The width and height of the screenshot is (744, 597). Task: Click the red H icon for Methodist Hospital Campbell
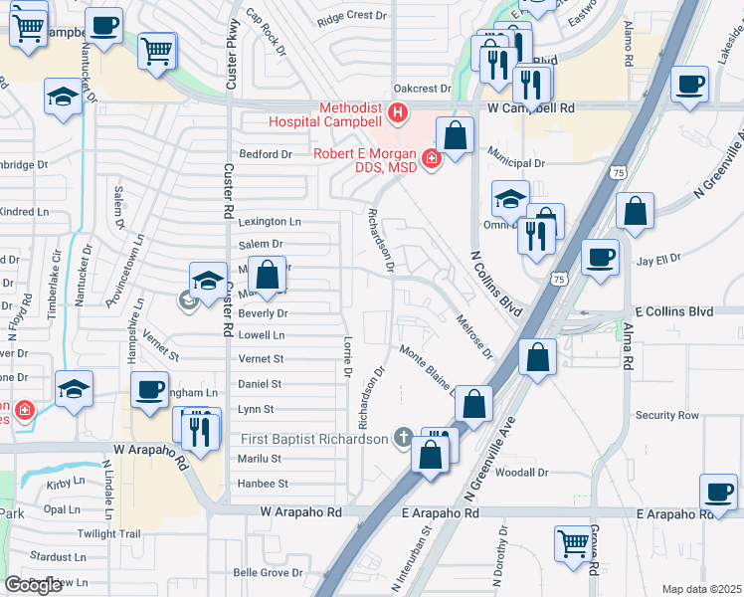[x=398, y=113]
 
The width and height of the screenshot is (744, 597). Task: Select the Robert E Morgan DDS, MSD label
[x=365, y=161]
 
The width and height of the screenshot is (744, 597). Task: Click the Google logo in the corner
[x=33, y=584]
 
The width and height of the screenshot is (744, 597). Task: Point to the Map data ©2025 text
[x=701, y=589]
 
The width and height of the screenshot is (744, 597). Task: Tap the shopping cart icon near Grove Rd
[x=571, y=542]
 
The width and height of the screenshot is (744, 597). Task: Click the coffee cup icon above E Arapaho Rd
[x=717, y=491]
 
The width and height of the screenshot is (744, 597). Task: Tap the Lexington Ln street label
[x=269, y=222]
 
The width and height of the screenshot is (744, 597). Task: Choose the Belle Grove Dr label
[x=268, y=573]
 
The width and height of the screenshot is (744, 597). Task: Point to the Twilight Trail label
[x=109, y=534]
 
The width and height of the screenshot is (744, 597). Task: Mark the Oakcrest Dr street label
[x=422, y=89]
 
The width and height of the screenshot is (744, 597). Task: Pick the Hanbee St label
[x=263, y=485]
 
